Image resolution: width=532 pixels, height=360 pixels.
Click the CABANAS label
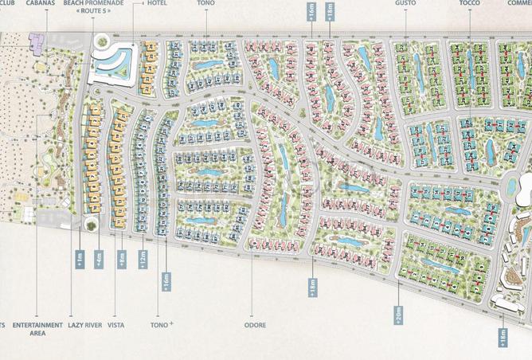pos(40,3)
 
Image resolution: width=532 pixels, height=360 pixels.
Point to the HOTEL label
pos(157,3)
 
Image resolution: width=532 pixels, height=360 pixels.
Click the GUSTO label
pos(405,3)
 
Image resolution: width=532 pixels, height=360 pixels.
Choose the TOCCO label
pos(469,3)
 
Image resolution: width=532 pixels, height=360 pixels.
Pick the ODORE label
pos(255,325)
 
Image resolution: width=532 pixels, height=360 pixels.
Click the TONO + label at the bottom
pos(163,325)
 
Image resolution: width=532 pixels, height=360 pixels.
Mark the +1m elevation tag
pos(80,260)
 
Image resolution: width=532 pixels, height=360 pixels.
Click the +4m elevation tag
pos(99,260)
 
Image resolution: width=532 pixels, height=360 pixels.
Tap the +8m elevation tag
pos(122,260)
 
